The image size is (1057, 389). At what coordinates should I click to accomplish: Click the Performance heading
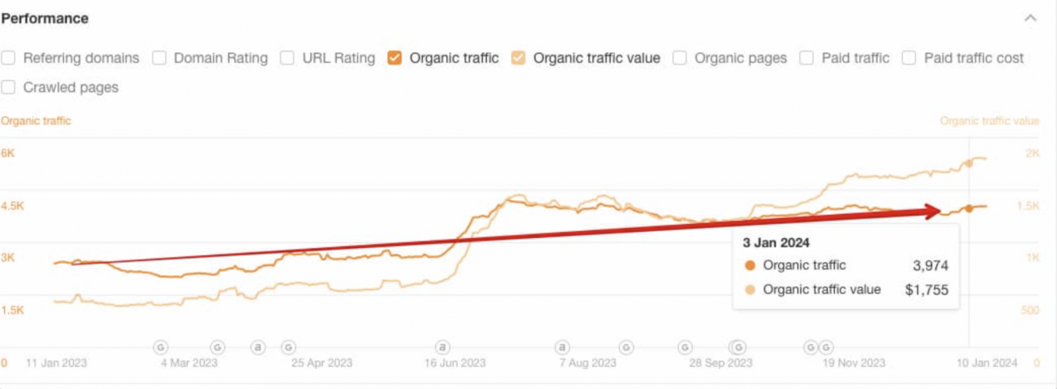45,19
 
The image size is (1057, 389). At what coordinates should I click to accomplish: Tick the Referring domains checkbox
9,58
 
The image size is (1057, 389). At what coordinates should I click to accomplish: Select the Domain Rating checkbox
159,58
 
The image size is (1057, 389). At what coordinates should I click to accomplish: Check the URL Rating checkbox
287,58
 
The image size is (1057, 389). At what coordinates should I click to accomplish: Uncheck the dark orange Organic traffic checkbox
394,58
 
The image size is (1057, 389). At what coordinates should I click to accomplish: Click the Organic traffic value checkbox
518,58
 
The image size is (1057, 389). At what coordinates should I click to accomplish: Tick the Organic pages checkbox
679,58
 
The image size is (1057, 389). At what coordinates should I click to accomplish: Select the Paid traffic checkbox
807,58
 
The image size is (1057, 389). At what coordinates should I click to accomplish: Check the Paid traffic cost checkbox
909,58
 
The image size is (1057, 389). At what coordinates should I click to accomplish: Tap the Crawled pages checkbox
9,88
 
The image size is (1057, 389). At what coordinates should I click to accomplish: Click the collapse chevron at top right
1031,19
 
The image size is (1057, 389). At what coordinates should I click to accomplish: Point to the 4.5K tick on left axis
12,206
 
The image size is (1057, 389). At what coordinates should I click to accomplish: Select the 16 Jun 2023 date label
456,363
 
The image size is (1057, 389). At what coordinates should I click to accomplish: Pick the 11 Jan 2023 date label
56,363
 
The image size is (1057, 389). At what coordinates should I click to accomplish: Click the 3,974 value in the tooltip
930,266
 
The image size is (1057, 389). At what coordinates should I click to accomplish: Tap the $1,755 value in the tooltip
926,290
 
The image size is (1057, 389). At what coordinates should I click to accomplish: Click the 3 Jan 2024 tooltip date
777,244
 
